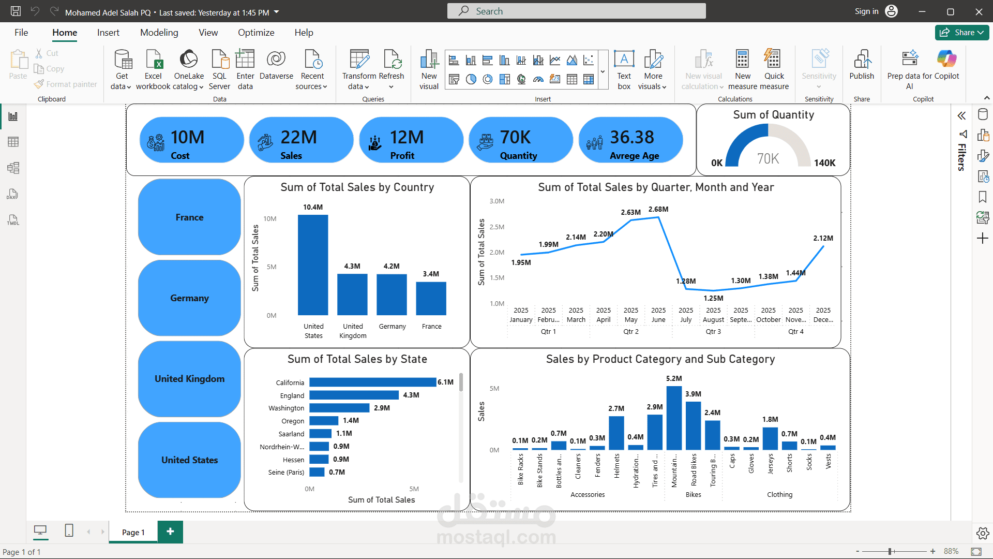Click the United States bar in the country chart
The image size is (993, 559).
(313, 265)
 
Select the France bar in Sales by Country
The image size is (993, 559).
(431, 299)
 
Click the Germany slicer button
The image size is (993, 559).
(189, 298)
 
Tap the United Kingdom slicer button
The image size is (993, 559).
(189, 379)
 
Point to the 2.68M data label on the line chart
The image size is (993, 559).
(658, 209)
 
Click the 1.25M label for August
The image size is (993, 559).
(713, 298)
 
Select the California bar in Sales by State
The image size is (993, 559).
(372, 383)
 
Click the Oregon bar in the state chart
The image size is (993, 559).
(324, 421)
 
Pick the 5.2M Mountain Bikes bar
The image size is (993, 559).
(674, 418)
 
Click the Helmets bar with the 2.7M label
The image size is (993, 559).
(616, 433)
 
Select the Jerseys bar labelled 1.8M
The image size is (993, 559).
(770, 438)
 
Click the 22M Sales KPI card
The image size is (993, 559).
(301, 140)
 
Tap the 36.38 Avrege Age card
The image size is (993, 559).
(630, 140)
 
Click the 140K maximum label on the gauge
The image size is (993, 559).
(824, 163)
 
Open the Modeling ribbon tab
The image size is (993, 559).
(159, 33)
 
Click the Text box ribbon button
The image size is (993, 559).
(624, 69)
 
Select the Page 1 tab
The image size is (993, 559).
(133, 532)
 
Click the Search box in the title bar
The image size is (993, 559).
(576, 11)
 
